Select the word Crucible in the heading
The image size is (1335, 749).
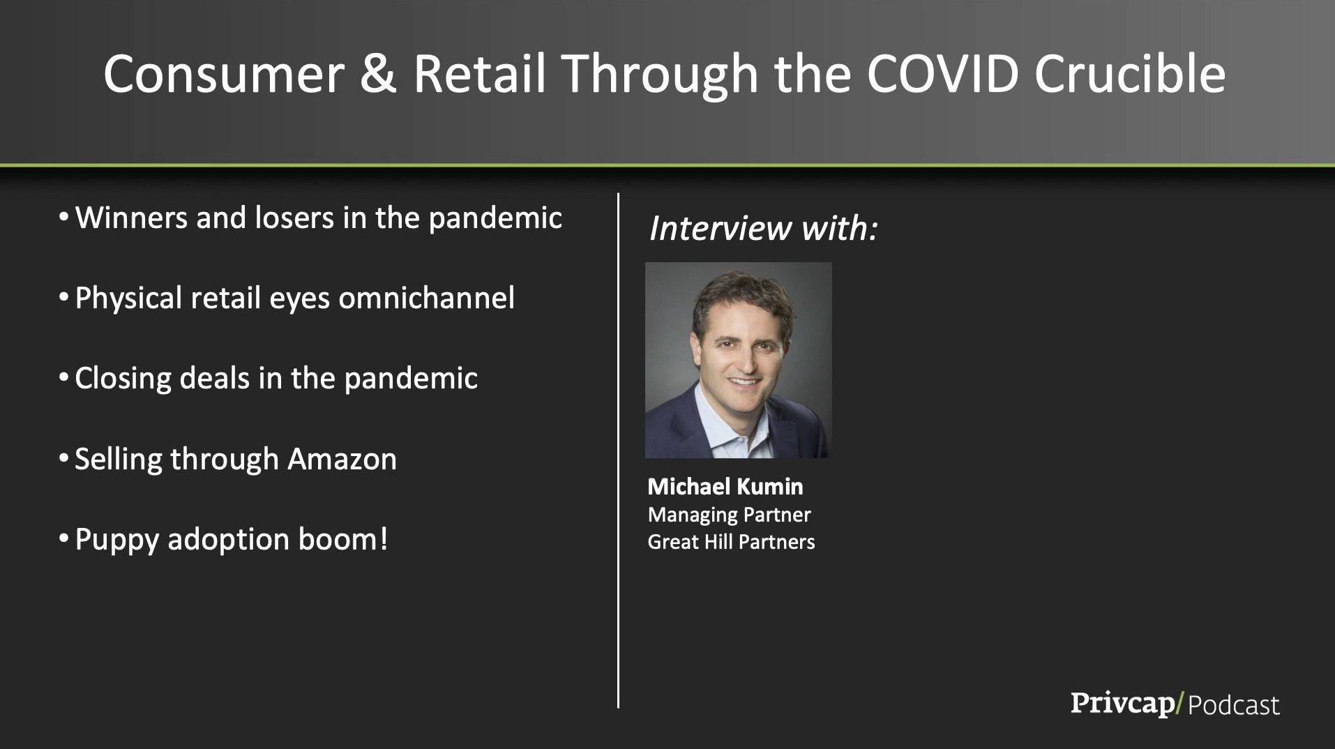(x=1130, y=73)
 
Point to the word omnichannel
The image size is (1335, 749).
(x=427, y=298)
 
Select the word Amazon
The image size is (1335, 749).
(x=342, y=459)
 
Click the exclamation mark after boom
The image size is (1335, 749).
(x=383, y=539)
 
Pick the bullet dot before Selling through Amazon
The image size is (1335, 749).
(x=63, y=458)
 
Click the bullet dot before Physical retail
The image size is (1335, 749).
(x=63, y=297)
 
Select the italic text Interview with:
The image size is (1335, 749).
(x=763, y=228)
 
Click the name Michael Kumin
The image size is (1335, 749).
(x=725, y=486)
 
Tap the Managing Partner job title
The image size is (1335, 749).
(x=729, y=515)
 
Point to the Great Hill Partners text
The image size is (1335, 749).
(x=731, y=542)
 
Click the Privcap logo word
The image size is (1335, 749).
(x=1122, y=703)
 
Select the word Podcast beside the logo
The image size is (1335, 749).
(x=1234, y=705)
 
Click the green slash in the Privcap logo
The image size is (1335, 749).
(x=1179, y=703)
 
